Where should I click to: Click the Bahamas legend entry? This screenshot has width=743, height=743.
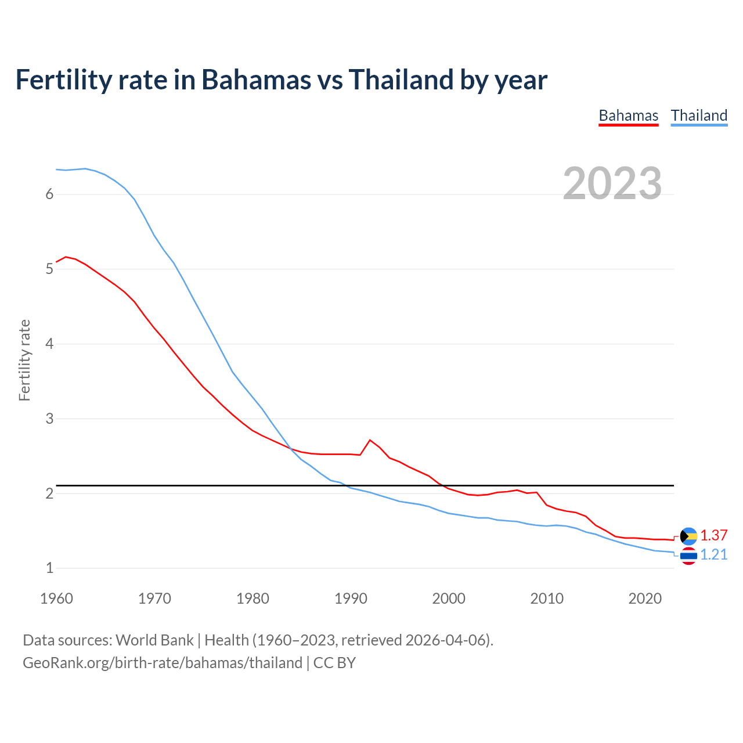pyautogui.click(x=628, y=116)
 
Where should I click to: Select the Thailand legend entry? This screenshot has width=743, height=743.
pyautogui.click(x=699, y=116)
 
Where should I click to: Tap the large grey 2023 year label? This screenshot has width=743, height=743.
pyautogui.click(x=612, y=183)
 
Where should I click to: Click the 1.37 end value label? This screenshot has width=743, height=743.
pyautogui.click(x=713, y=535)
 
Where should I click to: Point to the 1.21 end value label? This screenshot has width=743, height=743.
pyautogui.click(x=713, y=555)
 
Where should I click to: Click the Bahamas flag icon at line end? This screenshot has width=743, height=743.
pyautogui.click(x=688, y=536)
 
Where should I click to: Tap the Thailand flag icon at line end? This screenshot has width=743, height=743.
pyautogui.click(x=688, y=556)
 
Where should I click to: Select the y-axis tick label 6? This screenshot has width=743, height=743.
pyautogui.click(x=49, y=194)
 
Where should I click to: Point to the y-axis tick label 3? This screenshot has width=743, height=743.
pyautogui.click(x=49, y=419)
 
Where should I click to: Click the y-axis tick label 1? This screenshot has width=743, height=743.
pyautogui.click(x=49, y=568)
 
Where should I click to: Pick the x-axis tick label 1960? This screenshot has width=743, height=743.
pyautogui.click(x=56, y=598)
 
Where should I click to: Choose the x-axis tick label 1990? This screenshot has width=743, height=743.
pyautogui.click(x=351, y=598)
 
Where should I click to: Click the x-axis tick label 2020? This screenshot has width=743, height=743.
pyautogui.click(x=645, y=598)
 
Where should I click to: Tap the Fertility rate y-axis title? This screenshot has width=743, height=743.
pyautogui.click(x=24, y=360)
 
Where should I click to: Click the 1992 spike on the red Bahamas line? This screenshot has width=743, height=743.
pyautogui.click(x=370, y=440)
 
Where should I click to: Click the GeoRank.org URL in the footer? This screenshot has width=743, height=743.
pyautogui.click(x=163, y=663)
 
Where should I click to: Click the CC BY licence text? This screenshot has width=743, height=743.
pyautogui.click(x=334, y=663)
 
